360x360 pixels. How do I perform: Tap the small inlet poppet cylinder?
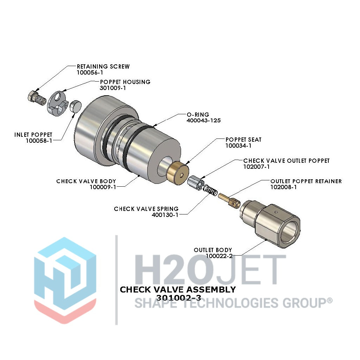point(75,106)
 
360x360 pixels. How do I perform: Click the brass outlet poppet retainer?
point(229,200)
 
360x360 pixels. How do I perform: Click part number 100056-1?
point(90,72)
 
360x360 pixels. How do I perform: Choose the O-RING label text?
point(198,115)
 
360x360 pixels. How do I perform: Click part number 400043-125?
point(204,121)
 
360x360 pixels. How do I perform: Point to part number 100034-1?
point(238,146)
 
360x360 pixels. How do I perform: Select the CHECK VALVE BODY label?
point(86,181)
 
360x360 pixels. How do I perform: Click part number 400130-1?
point(165,215)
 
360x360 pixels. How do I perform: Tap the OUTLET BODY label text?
point(213,250)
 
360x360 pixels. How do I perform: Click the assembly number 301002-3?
point(179,298)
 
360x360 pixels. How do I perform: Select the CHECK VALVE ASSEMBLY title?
point(178,290)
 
